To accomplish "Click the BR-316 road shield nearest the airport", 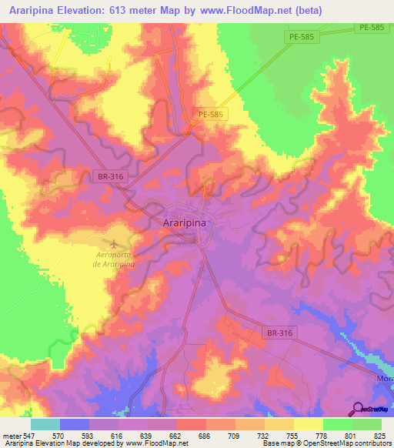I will [111, 176].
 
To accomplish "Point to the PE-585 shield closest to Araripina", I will [210, 115].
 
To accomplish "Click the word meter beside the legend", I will [12, 435].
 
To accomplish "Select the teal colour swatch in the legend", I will [45, 424].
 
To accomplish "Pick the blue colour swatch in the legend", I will [75, 424].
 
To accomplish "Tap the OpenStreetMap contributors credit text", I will [358, 443].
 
